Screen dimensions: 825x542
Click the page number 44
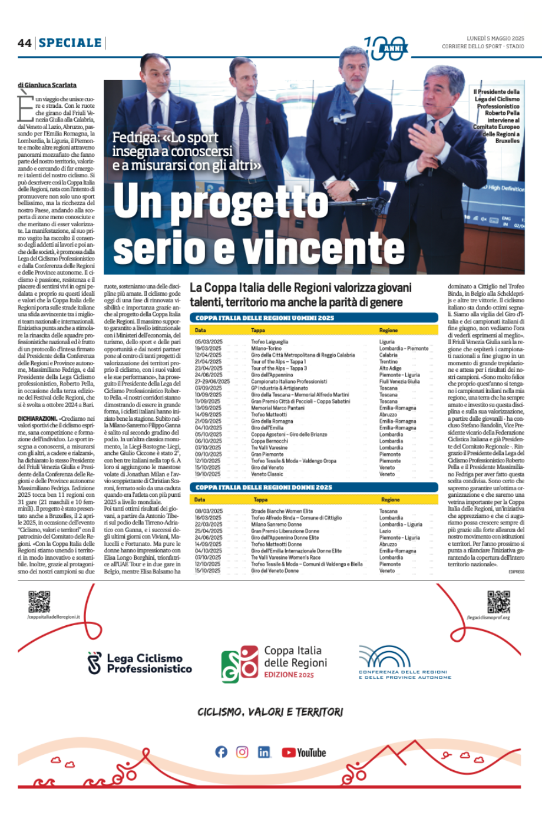pos(24,43)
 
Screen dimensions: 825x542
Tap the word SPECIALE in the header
pos(70,43)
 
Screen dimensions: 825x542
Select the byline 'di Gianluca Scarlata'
pos(47,85)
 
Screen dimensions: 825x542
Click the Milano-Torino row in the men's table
pos(266,348)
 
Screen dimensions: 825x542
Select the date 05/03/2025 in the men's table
pos(209,342)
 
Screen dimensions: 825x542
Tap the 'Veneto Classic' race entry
pos(267,474)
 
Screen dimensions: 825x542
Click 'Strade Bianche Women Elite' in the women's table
pos(282,511)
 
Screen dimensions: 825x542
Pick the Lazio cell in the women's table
pos(385,531)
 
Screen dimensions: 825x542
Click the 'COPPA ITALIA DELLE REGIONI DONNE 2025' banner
pos(313,487)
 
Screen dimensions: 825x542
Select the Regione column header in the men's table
pos(388,331)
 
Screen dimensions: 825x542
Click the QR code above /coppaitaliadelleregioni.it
pos(39,601)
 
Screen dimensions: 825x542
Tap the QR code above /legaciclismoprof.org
pos(498,601)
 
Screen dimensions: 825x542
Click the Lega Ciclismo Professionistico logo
pos(140,663)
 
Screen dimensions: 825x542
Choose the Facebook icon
pos(221,752)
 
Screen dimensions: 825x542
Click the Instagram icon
pos(242,752)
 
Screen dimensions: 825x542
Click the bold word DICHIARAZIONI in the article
pos(37,419)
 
